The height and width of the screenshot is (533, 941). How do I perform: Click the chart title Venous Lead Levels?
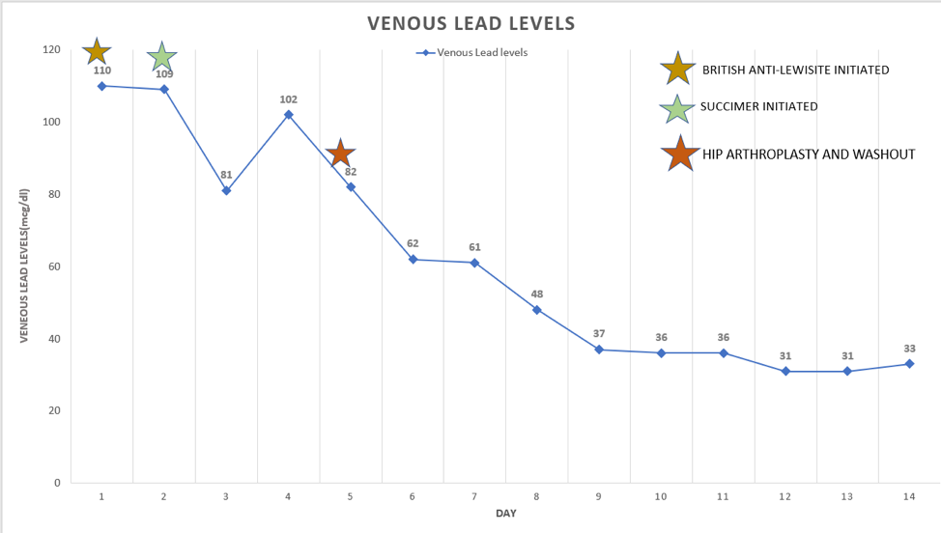coord(470,23)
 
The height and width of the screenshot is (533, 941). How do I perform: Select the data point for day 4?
coord(288,115)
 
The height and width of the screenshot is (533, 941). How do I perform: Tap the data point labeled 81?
coord(226,190)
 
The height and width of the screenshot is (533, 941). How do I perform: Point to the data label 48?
coord(536,294)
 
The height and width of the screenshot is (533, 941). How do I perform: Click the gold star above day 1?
coord(98,51)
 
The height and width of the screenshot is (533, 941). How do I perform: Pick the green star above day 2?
coord(162,57)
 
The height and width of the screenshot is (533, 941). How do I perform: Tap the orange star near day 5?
coord(340,154)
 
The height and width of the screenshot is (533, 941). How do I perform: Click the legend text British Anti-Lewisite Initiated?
coord(795,70)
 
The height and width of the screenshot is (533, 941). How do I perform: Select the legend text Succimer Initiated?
coord(759,106)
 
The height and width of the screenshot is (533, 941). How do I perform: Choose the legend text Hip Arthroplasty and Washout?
coord(808,154)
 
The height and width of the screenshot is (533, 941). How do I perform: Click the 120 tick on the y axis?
coord(50,50)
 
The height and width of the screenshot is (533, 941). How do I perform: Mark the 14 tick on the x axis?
coord(909,496)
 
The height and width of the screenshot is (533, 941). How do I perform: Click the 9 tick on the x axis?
coord(599,496)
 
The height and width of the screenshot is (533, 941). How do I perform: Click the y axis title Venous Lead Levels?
coord(26,266)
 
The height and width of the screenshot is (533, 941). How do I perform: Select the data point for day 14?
coord(909,364)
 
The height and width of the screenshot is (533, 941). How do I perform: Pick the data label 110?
coord(102,70)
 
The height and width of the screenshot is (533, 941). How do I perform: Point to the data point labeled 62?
coord(413,259)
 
